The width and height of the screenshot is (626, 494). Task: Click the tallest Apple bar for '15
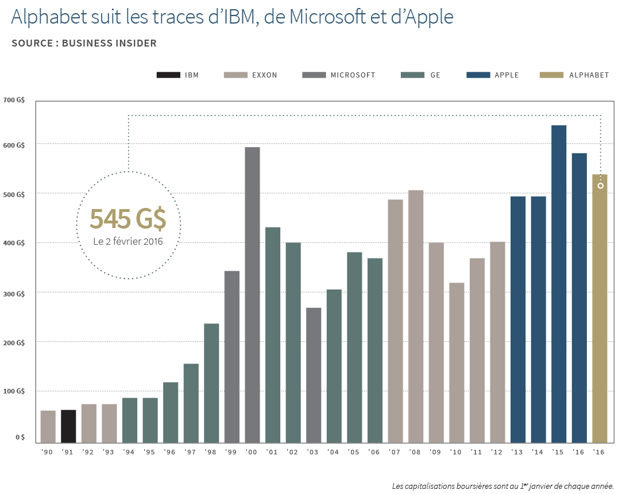coord(559,284)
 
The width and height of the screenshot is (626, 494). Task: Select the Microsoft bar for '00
coord(252,295)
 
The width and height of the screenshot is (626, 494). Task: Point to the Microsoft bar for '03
coord(314,376)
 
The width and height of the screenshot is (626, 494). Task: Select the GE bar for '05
coord(354,348)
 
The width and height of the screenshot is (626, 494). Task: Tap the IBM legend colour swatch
coord(167,75)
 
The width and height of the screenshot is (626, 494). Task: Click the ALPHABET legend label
coord(589,75)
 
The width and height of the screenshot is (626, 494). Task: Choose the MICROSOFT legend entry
coord(353,75)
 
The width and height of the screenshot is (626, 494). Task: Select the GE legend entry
coord(435,75)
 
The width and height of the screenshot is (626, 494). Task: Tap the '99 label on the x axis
coord(231,453)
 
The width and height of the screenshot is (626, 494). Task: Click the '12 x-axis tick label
coord(497,453)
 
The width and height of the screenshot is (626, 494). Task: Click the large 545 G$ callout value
coord(127,219)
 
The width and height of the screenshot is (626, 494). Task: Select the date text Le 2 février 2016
coord(128,241)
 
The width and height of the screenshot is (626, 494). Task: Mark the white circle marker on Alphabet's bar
coord(601,186)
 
